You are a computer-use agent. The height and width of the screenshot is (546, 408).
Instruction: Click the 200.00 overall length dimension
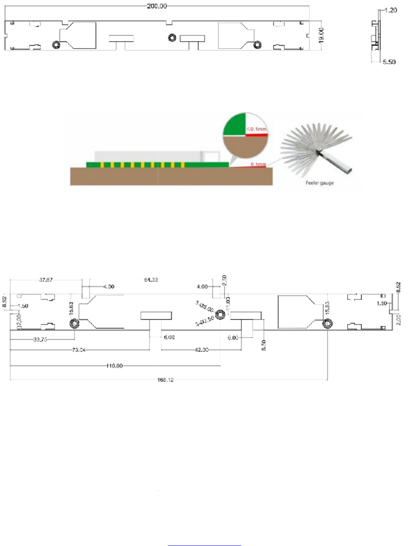point(157,6)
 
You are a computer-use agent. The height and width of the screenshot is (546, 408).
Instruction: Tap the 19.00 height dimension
point(321,35)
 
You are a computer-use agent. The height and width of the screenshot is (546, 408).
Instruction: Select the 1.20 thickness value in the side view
point(390,10)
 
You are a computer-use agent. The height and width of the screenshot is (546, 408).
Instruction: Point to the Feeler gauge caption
point(320,183)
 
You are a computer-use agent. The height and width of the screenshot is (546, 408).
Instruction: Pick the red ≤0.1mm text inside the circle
point(256,129)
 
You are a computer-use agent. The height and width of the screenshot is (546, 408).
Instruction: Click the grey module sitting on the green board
point(149,156)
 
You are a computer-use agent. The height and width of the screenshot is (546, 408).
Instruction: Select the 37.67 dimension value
point(46,280)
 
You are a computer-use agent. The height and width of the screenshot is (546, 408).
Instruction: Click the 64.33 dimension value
point(151,280)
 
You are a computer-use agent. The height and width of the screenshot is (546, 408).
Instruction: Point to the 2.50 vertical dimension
point(224,280)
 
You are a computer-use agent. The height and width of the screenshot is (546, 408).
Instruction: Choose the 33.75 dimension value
point(40,340)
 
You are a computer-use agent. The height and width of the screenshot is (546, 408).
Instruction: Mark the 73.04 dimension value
point(79,350)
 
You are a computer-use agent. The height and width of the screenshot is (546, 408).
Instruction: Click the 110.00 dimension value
point(115,366)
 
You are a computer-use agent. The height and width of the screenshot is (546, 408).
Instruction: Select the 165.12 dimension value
point(165,380)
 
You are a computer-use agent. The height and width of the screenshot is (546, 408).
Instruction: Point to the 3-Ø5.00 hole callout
point(205,306)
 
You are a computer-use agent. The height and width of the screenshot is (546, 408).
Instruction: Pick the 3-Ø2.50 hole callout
point(205,321)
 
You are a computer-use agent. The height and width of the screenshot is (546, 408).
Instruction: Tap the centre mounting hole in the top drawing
point(172,38)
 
